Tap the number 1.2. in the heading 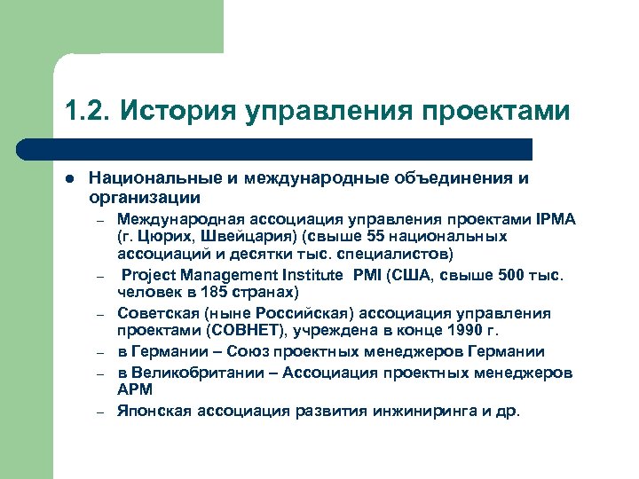(86, 113)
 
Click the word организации (144, 197)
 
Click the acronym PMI (367, 275)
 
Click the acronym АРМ (135, 389)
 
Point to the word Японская (154, 411)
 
